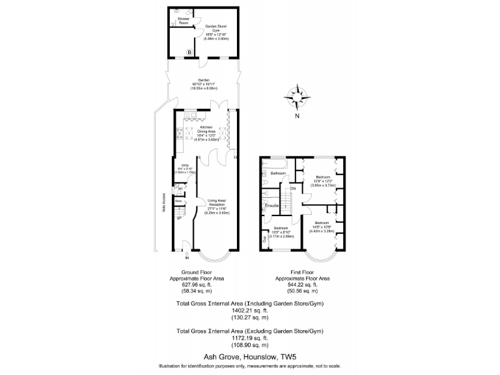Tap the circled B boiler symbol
(189, 51)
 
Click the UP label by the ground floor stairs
(178, 218)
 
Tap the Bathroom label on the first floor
(279, 173)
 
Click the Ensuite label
(272, 206)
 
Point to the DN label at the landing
(293, 189)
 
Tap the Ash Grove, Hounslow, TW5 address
(250, 357)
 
